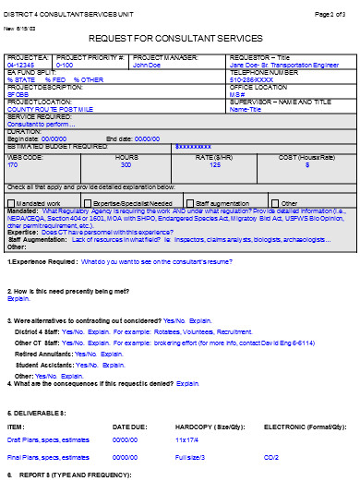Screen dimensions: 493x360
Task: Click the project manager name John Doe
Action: [x=147, y=66]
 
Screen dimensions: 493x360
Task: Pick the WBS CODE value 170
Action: [x=13, y=164]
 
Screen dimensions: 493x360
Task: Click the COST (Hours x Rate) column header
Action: [x=306, y=157]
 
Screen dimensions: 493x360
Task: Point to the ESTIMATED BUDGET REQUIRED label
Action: [x=57, y=146]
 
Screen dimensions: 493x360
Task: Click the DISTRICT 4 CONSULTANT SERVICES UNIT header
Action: [x=58, y=14]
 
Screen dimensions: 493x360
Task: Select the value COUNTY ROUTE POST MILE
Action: [x=44, y=108]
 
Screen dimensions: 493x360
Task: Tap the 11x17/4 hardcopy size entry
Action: [x=187, y=439]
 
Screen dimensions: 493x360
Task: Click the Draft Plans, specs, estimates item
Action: [x=45, y=439]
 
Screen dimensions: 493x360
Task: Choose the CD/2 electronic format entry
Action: [x=271, y=457]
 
